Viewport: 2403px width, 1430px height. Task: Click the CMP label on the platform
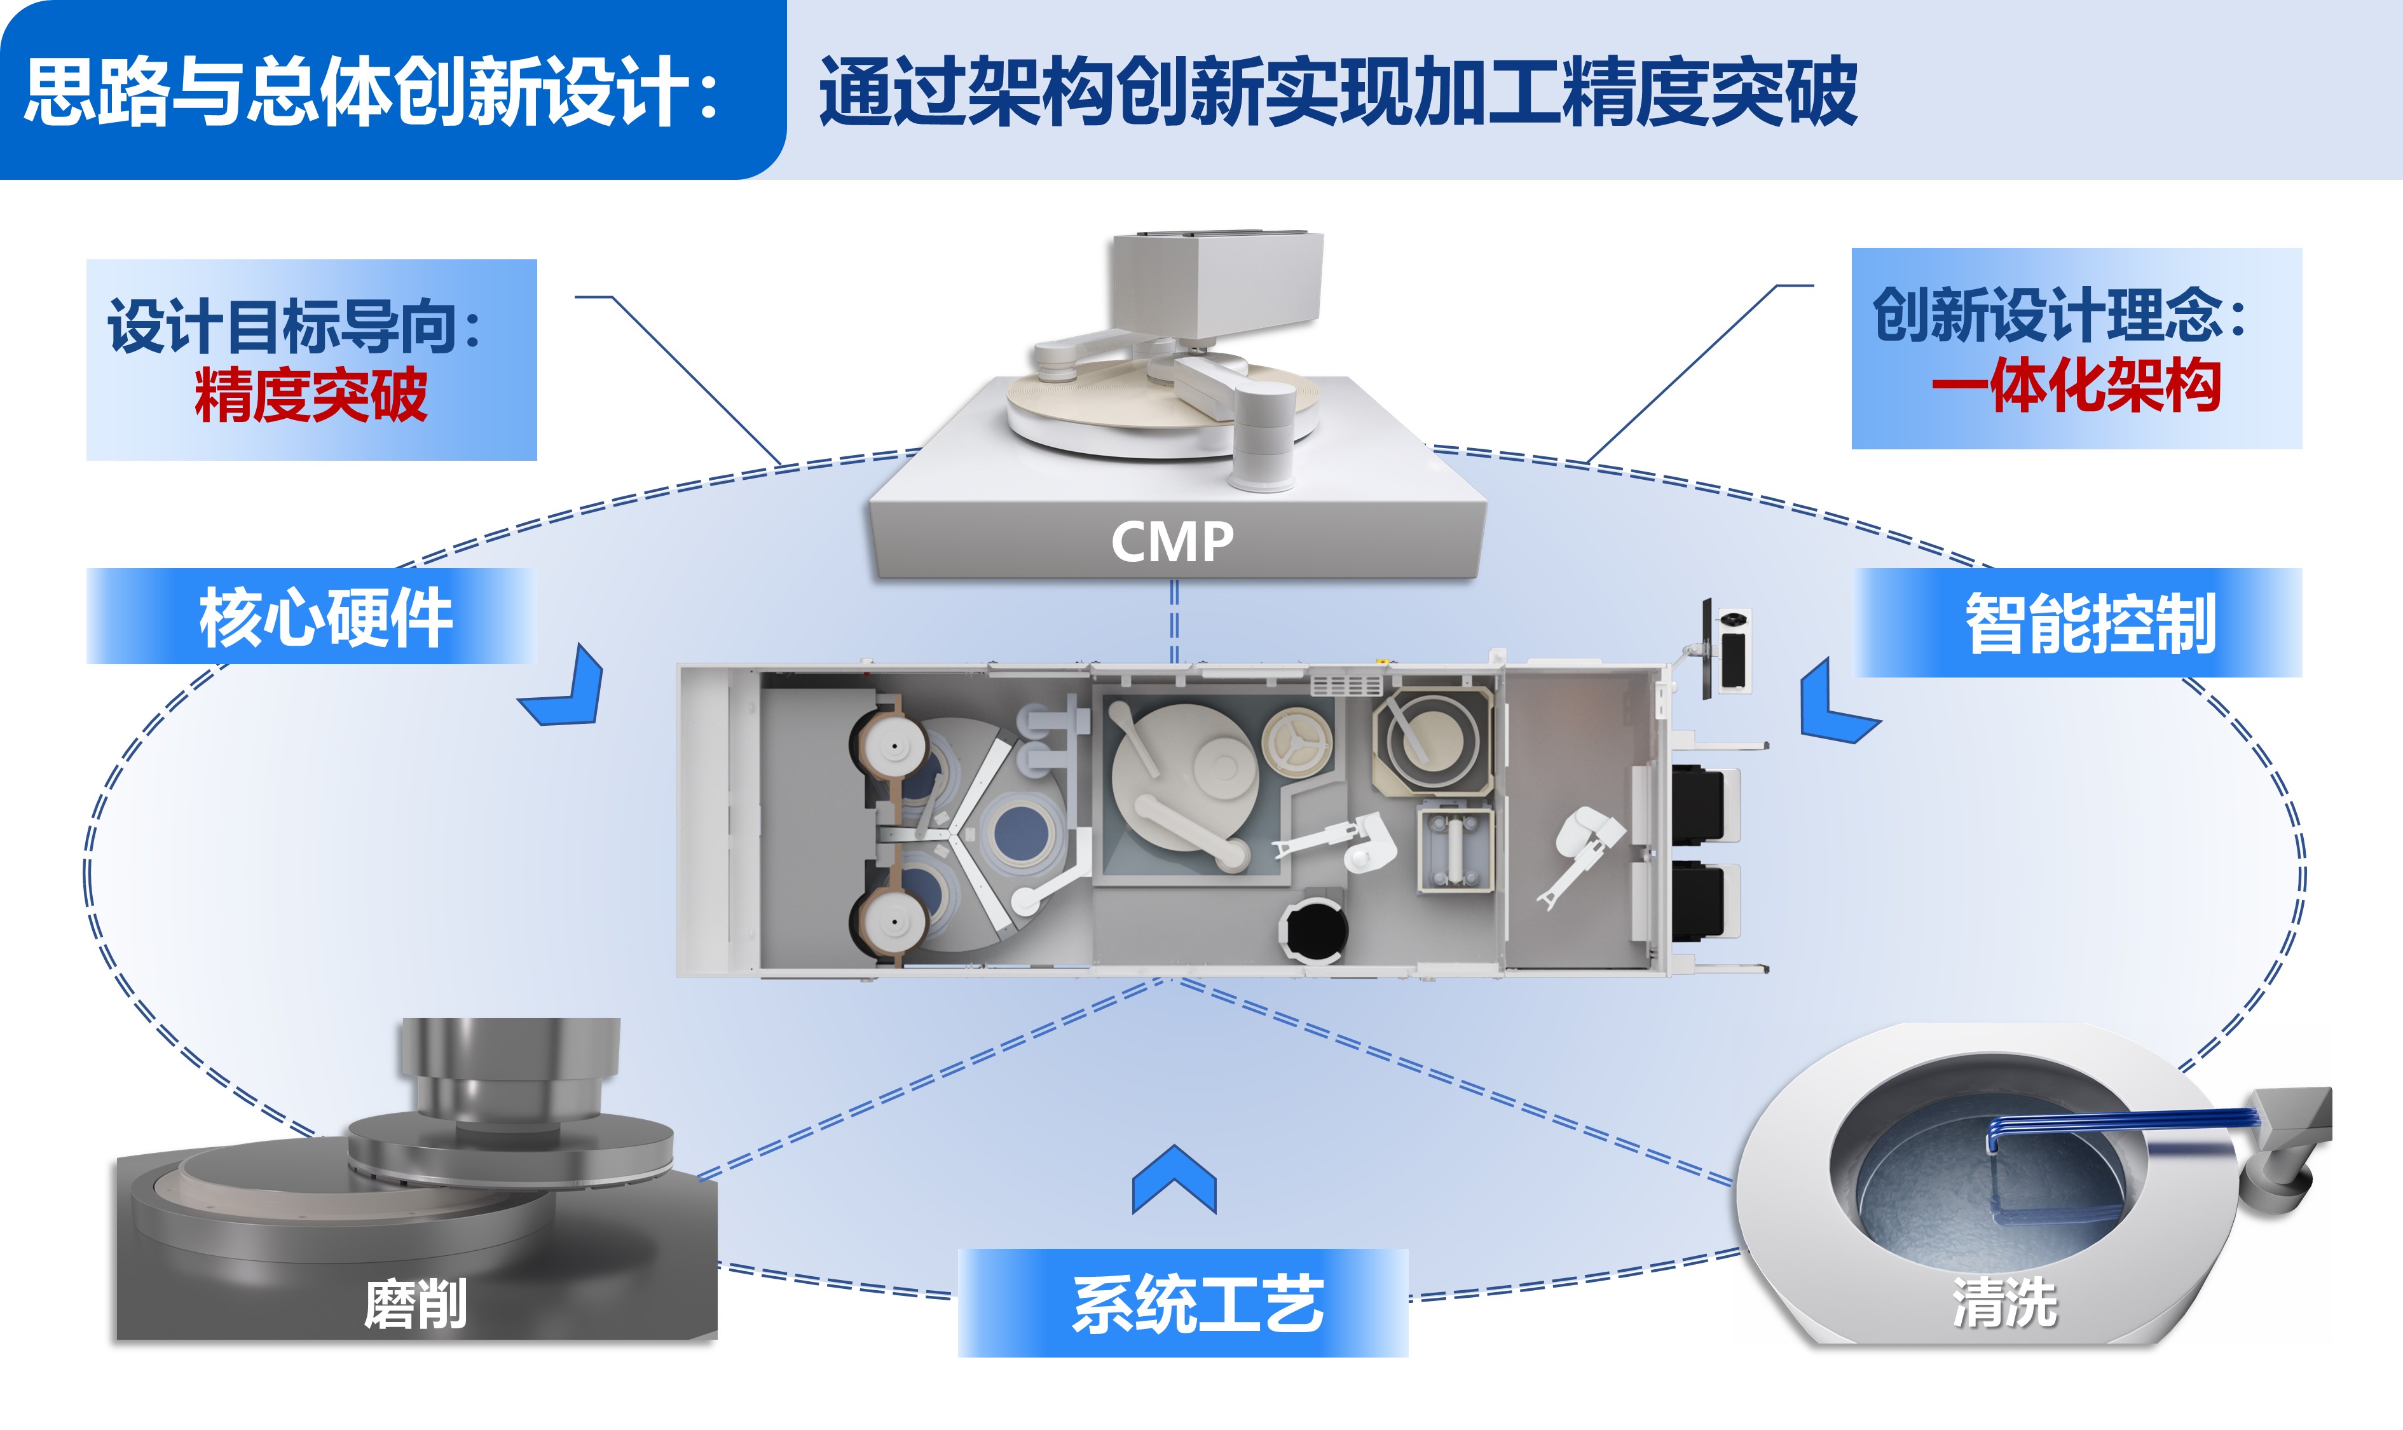1172,541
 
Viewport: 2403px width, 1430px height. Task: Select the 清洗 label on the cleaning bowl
2005,1303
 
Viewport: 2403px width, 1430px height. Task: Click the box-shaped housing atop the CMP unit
1217,282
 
